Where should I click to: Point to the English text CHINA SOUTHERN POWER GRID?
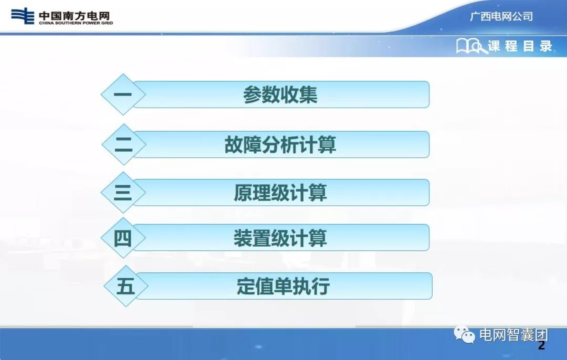[x=76, y=23]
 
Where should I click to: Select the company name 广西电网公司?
[x=501, y=16]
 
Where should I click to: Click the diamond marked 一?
[x=123, y=95]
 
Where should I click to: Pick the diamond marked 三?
[x=123, y=193]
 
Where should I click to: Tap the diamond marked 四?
[x=123, y=238]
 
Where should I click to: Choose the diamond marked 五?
[x=125, y=286]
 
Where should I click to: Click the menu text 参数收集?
[x=280, y=95]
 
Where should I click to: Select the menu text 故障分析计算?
[x=280, y=144]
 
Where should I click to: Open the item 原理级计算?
[x=280, y=193]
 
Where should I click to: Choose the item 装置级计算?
[x=280, y=238]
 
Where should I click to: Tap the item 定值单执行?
[x=283, y=287]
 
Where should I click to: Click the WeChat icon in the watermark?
[x=464, y=334]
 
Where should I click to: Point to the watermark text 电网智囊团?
[x=513, y=335]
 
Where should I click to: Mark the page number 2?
[x=541, y=346]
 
